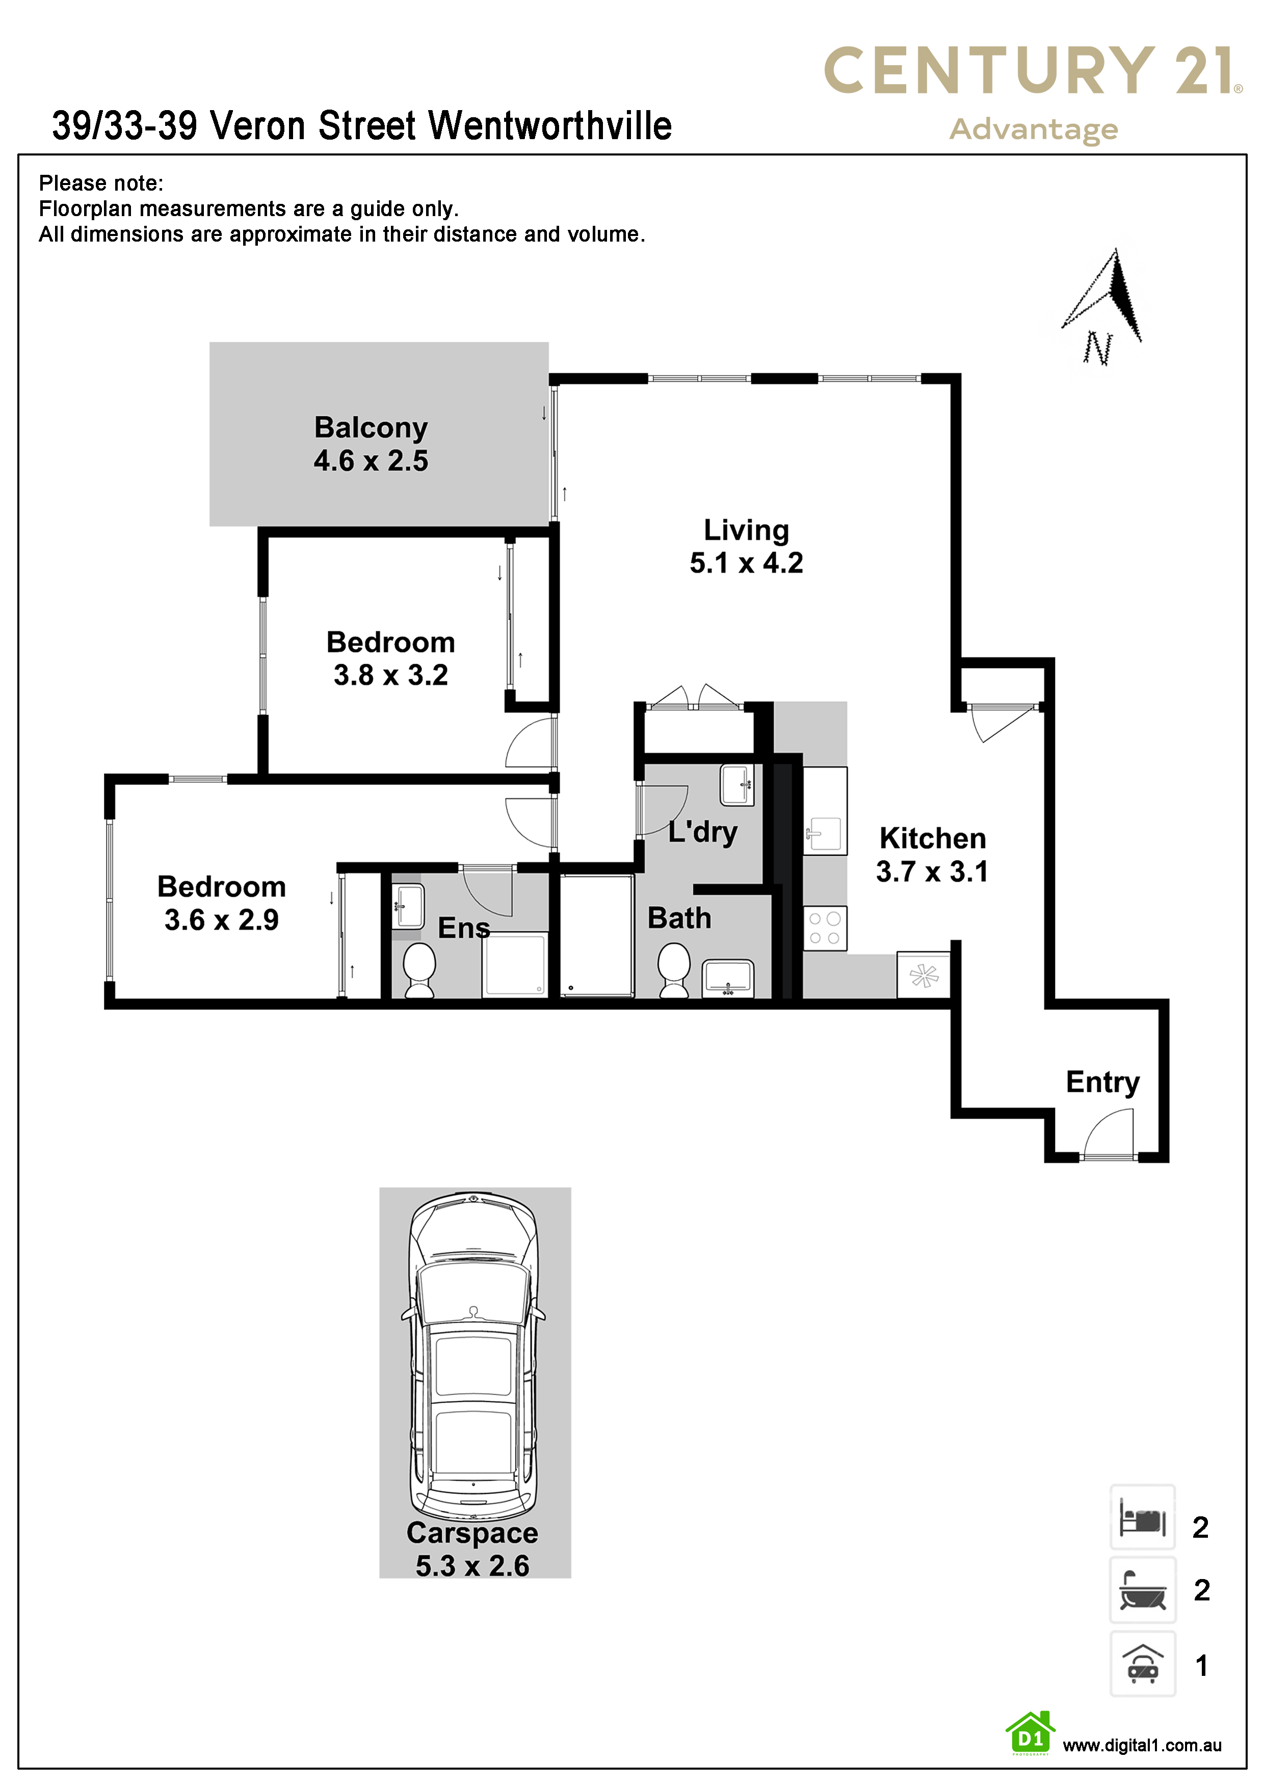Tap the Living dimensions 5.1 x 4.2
pyautogui.click(x=746, y=562)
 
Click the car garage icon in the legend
pyautogui.click(x=1143, y=1664)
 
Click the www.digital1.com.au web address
pyautogui.click(x=1142, y=1746)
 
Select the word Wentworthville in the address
pyautogui.click(x=550, y=125)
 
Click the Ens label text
pyautogui.click(x=464, y=928)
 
